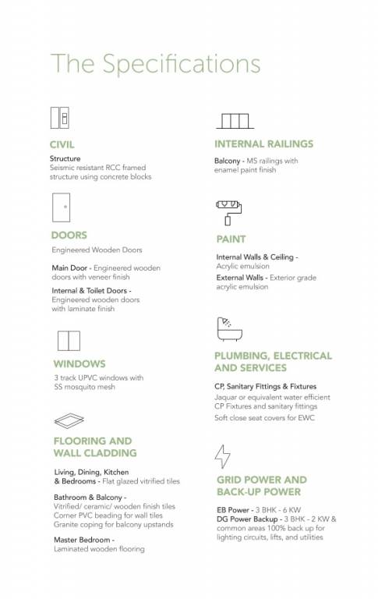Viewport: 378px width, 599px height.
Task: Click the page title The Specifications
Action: (156, 63)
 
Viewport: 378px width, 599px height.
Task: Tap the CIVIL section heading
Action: (62, 144)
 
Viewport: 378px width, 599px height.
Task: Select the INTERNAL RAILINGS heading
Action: (263, 144)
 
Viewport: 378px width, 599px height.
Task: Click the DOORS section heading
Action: (69, 235)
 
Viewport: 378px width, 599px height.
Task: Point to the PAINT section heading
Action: (231, 239)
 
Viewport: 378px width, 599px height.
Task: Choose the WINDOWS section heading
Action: (79, 363)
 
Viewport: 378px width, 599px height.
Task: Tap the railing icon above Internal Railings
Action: (233, 121)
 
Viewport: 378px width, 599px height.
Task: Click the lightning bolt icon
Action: (223, 455)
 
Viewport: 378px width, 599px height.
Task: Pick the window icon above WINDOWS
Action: (68, 341)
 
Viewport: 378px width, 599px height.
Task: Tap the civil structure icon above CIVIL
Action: (60, 118)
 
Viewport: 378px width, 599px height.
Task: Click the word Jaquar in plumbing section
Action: (227, 397)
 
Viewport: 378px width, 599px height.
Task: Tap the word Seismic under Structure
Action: (62, 168)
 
